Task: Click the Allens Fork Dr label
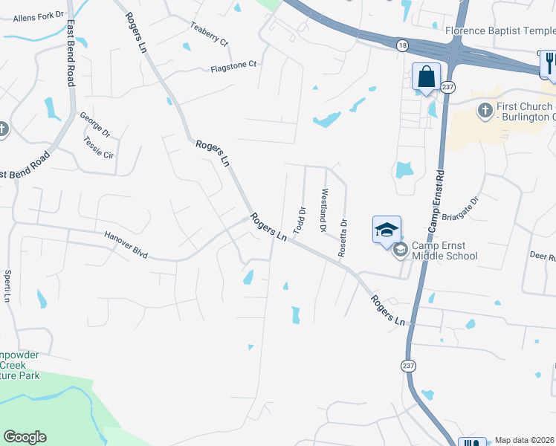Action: click(x=34, y=15)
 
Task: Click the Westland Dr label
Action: click(x=323, y=210)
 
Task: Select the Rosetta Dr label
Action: click(x=343, y=237)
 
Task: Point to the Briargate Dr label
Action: click(x=462, y=209)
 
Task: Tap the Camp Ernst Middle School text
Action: click(x=445, y=251)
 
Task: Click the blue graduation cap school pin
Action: click(x=387, y=229)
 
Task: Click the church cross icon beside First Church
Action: click(x=485, y=111)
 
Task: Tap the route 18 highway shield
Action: click(x=401, y=45)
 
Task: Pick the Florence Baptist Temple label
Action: click(x=500, y=30)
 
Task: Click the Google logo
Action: click(x=25, y=437)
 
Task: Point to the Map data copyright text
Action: click(x=525, y=440)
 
